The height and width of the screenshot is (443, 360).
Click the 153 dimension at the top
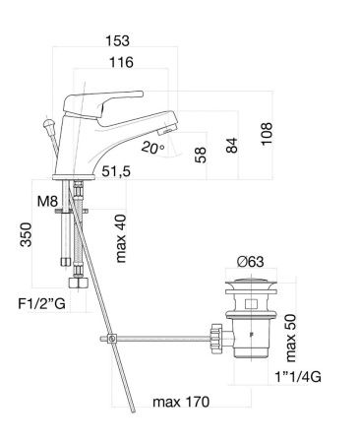point(119,41)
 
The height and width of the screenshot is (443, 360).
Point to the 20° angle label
point(150,147)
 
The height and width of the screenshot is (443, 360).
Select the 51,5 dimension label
point(117,172)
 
